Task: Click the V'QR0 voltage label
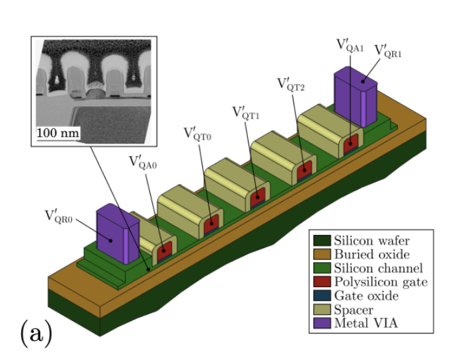[60, 216]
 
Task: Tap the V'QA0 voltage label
[143, 162]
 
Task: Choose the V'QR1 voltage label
[389, 51]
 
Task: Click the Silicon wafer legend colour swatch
[322, 241]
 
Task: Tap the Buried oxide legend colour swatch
[322, 255]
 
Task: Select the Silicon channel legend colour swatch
[322, 269]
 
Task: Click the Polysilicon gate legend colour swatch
[322, 283]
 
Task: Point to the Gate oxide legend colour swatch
[322, 296]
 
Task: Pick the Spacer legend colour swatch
[322, 310]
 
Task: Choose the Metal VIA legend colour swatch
[322, 324]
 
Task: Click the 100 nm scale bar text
[58, 133]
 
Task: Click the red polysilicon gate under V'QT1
[257, 195]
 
